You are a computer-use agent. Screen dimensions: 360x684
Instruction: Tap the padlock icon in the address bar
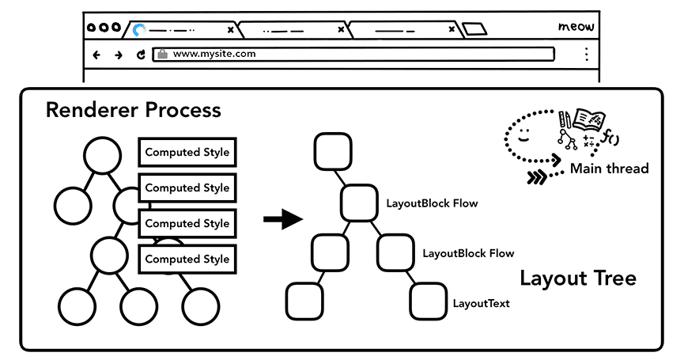[162, 55]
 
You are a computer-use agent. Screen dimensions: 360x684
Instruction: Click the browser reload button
[141, 55]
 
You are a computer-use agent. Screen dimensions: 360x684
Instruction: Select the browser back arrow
[97, 55]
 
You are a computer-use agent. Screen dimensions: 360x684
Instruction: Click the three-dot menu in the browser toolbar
[586, 55]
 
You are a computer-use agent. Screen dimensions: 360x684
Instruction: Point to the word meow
[576, 28]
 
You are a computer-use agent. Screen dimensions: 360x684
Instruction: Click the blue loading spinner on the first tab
[139, 30]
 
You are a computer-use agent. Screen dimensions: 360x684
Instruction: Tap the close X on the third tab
[452, 30]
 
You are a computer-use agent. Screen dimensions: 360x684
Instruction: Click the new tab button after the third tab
[474, 30]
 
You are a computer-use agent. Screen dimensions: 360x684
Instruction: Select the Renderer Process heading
[133, 110]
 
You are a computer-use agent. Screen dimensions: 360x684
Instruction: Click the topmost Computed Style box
[187, 153]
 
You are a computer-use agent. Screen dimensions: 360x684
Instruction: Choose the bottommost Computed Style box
[187, 260]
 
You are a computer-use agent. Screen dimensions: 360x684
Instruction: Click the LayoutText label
[481, 303]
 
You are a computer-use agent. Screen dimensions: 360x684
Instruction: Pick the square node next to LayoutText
[429, 301]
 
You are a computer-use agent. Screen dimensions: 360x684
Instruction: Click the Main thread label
[609, 168]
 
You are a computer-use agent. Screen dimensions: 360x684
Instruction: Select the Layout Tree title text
[577, 279]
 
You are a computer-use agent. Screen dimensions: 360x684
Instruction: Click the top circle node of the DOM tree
[103, 154]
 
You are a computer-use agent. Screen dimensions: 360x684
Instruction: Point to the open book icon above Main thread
[588, 120]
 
